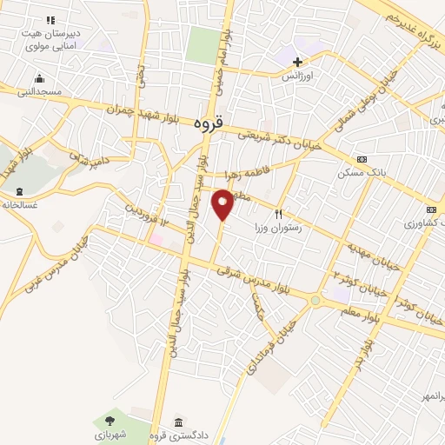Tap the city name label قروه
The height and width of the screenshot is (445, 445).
pos(209,124)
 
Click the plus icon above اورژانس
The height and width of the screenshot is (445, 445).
pos(298,62)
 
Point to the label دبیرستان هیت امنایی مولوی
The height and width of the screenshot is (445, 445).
pos(50,31)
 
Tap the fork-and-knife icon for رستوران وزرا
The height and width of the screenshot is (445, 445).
pos(279,214)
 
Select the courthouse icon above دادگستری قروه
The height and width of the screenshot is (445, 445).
pos(179,421)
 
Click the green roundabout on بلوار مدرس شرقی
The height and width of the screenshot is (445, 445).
pos(315,301)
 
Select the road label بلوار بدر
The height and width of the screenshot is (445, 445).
pos(370,335)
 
